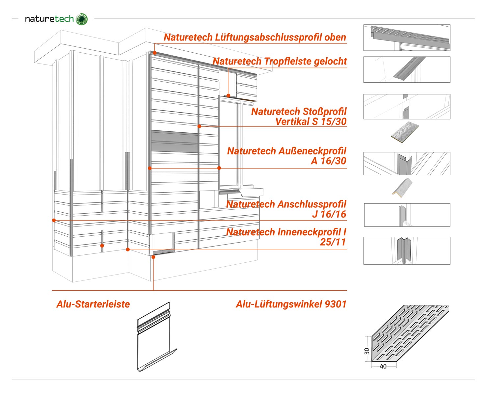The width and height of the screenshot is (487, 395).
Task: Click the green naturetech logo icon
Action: tap(82, 19)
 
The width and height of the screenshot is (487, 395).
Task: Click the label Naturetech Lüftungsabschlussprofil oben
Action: tap(255, 37)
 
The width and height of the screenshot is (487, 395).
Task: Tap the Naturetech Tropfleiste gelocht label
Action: tap(280, 61)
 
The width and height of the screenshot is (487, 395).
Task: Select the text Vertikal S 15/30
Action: tap(311, 121)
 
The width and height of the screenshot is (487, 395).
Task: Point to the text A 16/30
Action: tap(328, 161)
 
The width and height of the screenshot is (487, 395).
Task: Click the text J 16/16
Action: tap(329, 214)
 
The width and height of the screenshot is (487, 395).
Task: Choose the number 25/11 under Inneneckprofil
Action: tap(333, 242)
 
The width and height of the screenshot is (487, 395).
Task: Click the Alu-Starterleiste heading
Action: tap(93, 304)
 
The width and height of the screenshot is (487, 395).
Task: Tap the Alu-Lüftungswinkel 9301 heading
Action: tap(291, 304)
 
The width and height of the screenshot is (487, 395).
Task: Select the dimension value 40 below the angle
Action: tap(383, 366)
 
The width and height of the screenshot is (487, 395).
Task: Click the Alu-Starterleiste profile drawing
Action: tap(157, 336)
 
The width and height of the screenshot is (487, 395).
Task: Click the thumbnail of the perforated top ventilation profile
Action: tap(407, 38)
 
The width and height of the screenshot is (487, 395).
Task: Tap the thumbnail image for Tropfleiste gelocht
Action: tap(407, 69)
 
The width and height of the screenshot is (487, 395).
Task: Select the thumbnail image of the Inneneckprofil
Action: tap(407, 251)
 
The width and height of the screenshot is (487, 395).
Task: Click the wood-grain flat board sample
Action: tap(405, 132)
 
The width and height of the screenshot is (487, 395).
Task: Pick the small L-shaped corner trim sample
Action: tap(402, 187)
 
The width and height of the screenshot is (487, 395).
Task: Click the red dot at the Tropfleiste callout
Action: tap(228, 96)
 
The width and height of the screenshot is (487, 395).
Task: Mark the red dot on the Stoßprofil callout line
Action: tap(199, 126)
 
